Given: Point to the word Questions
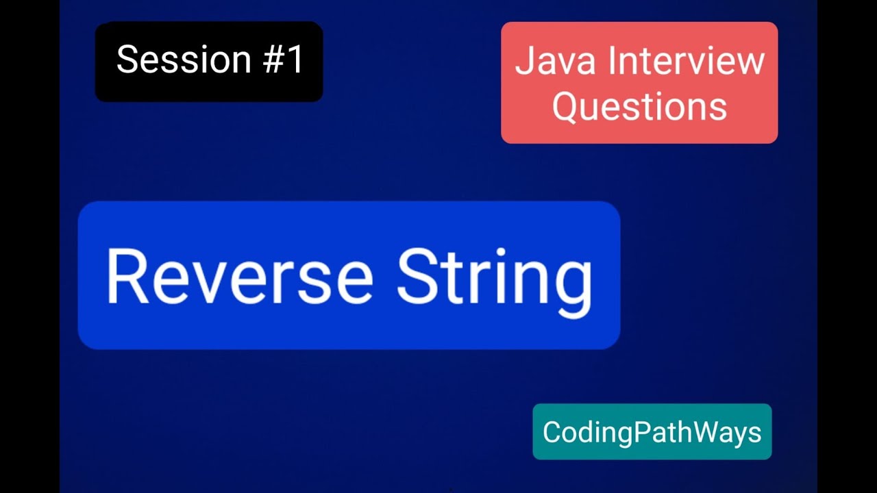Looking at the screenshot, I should (x=639, y=107).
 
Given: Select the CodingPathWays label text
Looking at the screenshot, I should (x=652, y=432).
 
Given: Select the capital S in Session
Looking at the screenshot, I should (x=127, y=60).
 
